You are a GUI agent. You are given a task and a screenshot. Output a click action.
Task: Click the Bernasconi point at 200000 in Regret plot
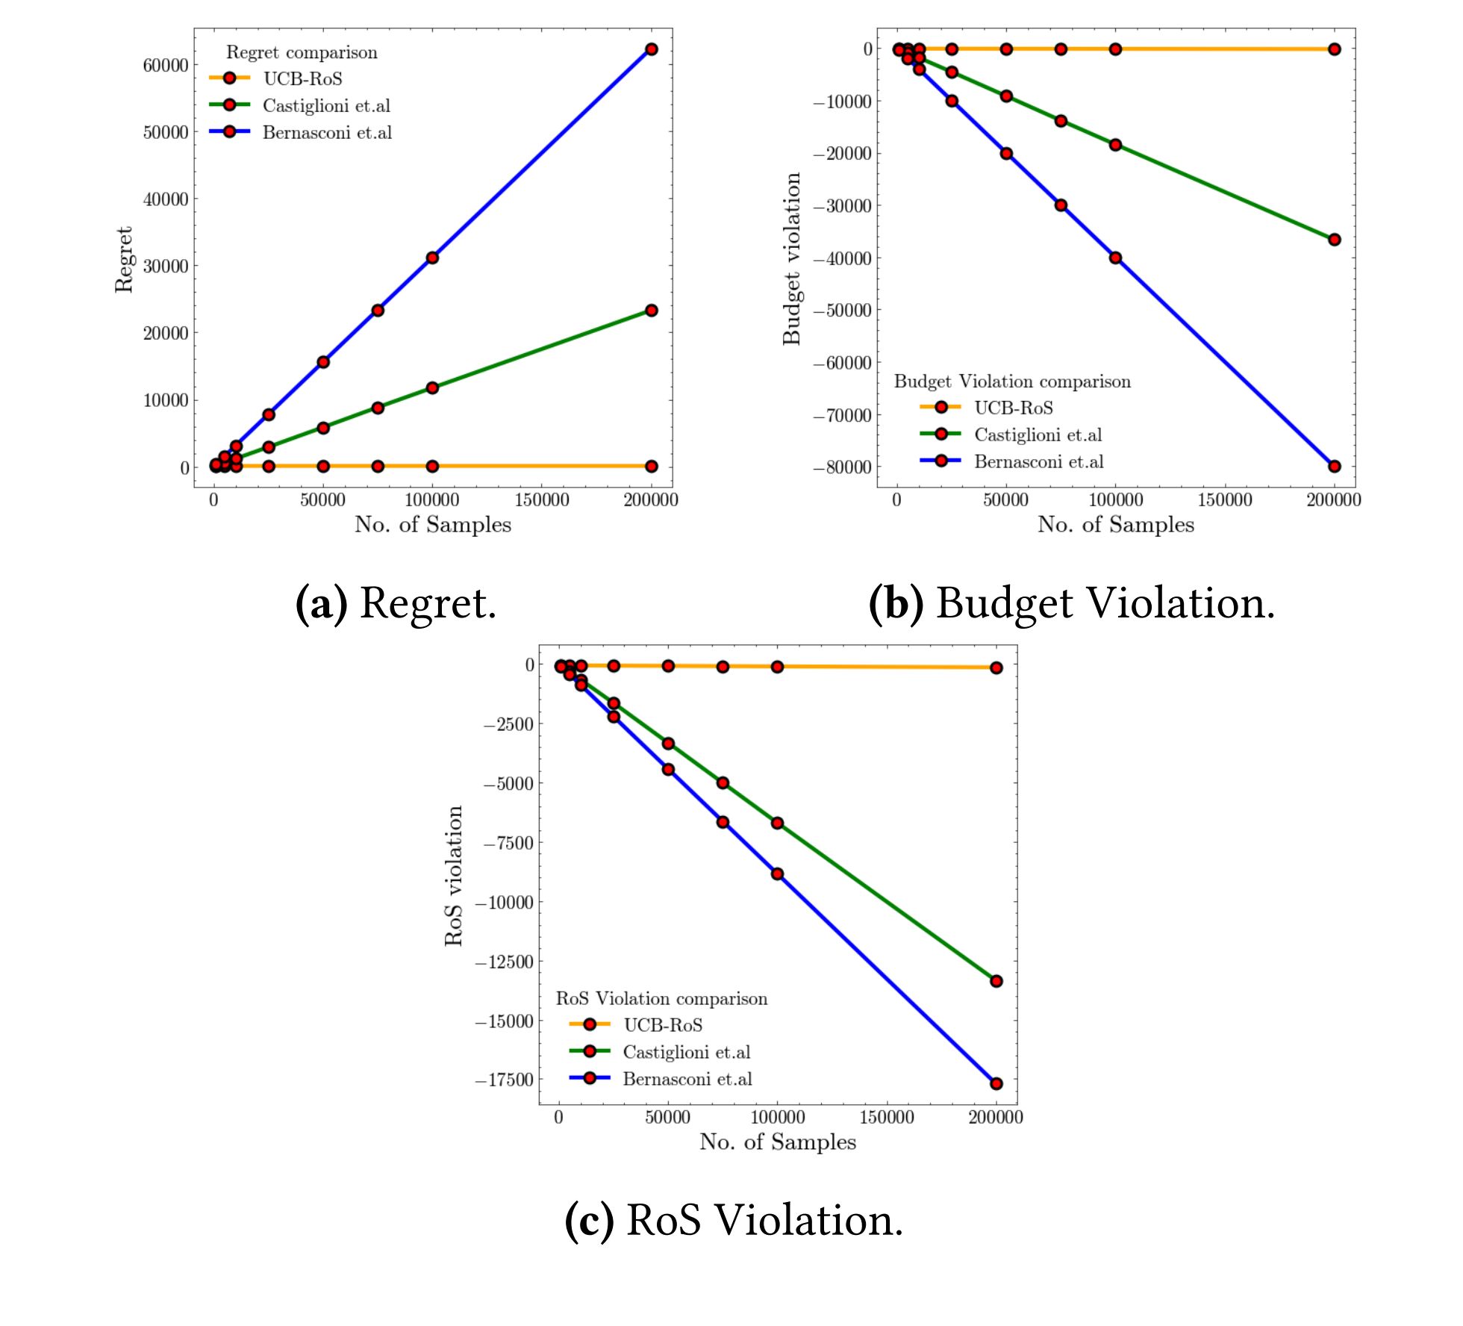point(651,49)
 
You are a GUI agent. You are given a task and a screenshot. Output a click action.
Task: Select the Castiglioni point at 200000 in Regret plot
point(651,310)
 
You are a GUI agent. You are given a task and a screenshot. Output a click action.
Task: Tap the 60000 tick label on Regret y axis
point(166,65)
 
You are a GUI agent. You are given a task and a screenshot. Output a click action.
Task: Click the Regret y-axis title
point(124,259)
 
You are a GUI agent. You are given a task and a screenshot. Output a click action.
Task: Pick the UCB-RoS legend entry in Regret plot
point(302,78)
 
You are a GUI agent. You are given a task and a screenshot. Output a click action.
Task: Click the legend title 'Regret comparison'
point(302,52)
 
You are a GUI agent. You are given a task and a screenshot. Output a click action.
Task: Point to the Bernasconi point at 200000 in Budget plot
point(1334,466)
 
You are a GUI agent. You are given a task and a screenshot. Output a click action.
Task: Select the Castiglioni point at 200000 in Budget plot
point(1334,240)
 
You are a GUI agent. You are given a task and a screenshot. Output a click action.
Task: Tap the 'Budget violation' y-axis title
point(791,259)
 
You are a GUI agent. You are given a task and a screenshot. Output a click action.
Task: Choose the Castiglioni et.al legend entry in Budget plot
point(1038,435)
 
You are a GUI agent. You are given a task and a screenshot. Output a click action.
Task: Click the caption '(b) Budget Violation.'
point(1072,603)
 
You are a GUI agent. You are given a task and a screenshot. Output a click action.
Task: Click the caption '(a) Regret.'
point(396,603)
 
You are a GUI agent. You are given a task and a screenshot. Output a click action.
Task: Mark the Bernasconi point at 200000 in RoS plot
point(996,1083)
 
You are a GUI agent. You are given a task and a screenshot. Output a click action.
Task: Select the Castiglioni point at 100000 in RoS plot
point(777,823)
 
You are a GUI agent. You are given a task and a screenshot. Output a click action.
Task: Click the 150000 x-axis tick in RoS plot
point(887,1118)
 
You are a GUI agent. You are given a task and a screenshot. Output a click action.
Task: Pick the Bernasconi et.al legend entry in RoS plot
point(687,1079)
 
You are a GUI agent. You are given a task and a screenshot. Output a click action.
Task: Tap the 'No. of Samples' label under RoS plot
point(778,1142)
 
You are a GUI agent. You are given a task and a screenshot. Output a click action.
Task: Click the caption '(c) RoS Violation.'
point(734,1220)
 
